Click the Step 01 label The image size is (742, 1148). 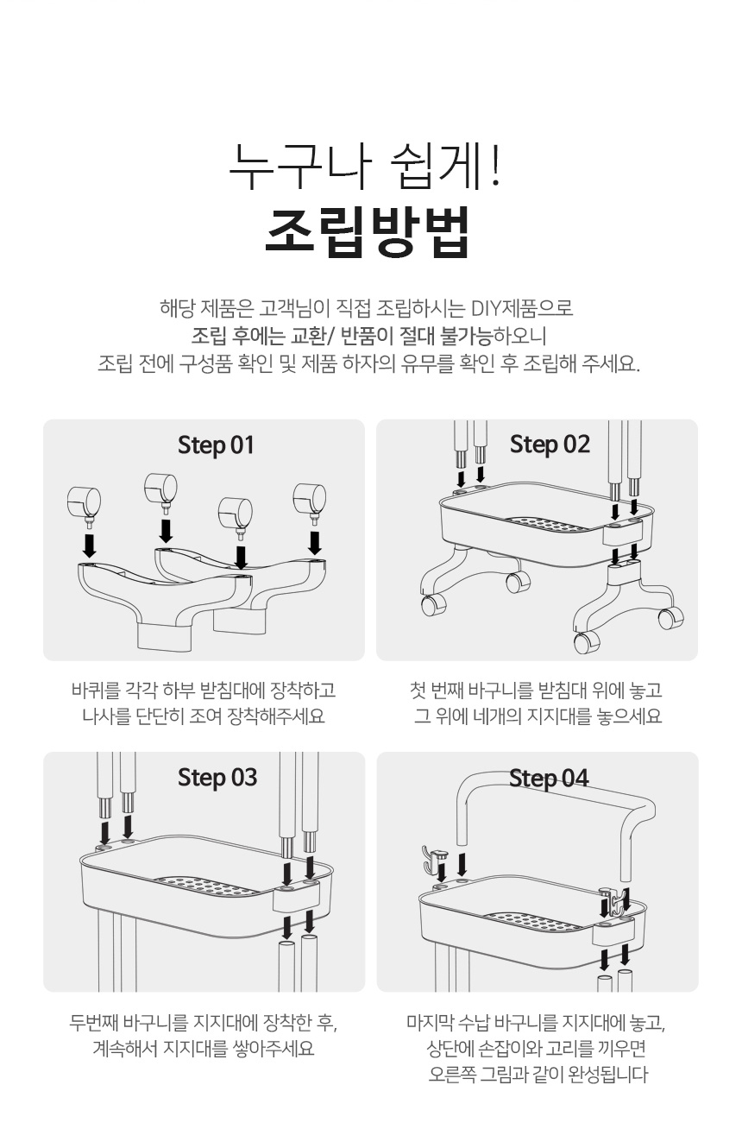pyautogui.click(x=216, y=445)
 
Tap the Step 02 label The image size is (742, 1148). pyautogui.click(x=550, y=444)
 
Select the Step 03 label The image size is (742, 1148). pyautogui.click(x=217, y=777)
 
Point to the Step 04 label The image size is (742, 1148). pyautogui.click(x=549, y=778)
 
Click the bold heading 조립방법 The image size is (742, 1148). pyautogui.click(x=368, y=231)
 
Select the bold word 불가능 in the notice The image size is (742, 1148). pyautogui.click(x=467, y=336)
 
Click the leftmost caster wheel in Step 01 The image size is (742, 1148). pyautogui.click(x=84, y=502)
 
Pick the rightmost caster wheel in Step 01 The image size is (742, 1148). pyautogui.click(x=310, y=499)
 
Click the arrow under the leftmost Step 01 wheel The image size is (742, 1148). pyautogui.click(x=89, y=546)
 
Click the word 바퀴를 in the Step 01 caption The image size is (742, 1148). pyautogui.click(x=95, y=691)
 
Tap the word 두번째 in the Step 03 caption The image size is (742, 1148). pyautogui.click(x=94, y=1023)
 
